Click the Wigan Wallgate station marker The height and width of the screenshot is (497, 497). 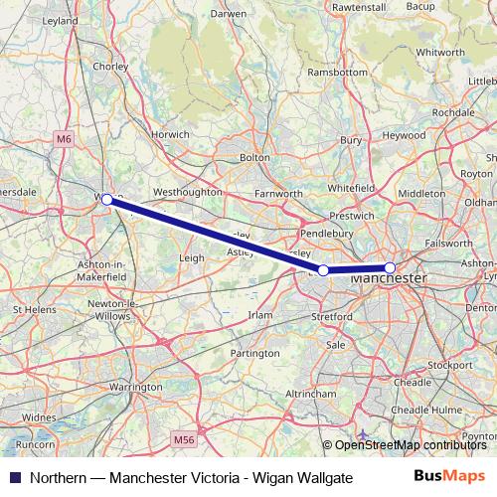coord(107,200)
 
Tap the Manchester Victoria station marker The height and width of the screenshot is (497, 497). coord(390,267)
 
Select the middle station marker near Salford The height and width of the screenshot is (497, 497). coord(323,270)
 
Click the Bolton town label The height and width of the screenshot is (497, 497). coord(254,157)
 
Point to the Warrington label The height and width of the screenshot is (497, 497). coord(136,385)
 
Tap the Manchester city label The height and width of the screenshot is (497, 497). coord(389,280)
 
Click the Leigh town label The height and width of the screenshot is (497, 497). coord(191,257)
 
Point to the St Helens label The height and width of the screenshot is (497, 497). coord(33,310)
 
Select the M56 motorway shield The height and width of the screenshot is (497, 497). coord(183,438)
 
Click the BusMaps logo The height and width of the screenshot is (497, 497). coord(456,478)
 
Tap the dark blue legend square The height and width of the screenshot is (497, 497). coord(13,478)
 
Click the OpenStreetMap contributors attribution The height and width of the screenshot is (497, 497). coord(410,444)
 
